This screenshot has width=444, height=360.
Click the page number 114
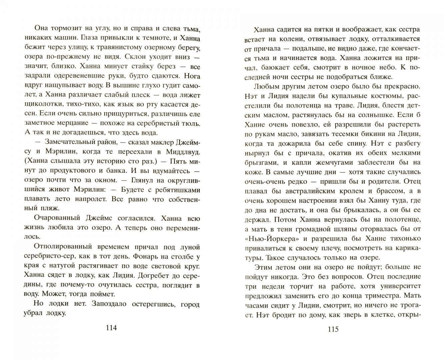[x=111, y=328]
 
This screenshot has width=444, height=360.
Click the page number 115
[x=333, y=329]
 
